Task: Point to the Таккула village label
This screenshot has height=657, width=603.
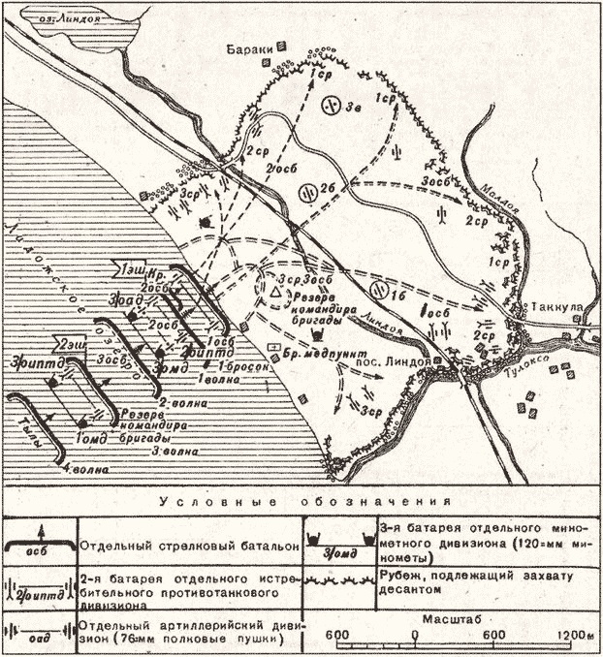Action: (553, 305)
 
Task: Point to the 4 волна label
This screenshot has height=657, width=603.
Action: (84, 470)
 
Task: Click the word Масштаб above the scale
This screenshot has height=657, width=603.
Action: (451, 617)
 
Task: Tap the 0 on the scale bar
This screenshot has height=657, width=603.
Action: (415, 636)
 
